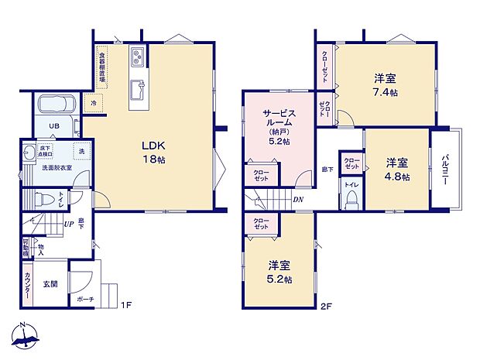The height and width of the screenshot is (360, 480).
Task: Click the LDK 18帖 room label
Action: point(152,152)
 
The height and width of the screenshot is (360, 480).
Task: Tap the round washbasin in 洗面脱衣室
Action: point(29,152)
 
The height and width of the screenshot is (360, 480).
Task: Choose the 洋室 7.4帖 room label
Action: point(385,85)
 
